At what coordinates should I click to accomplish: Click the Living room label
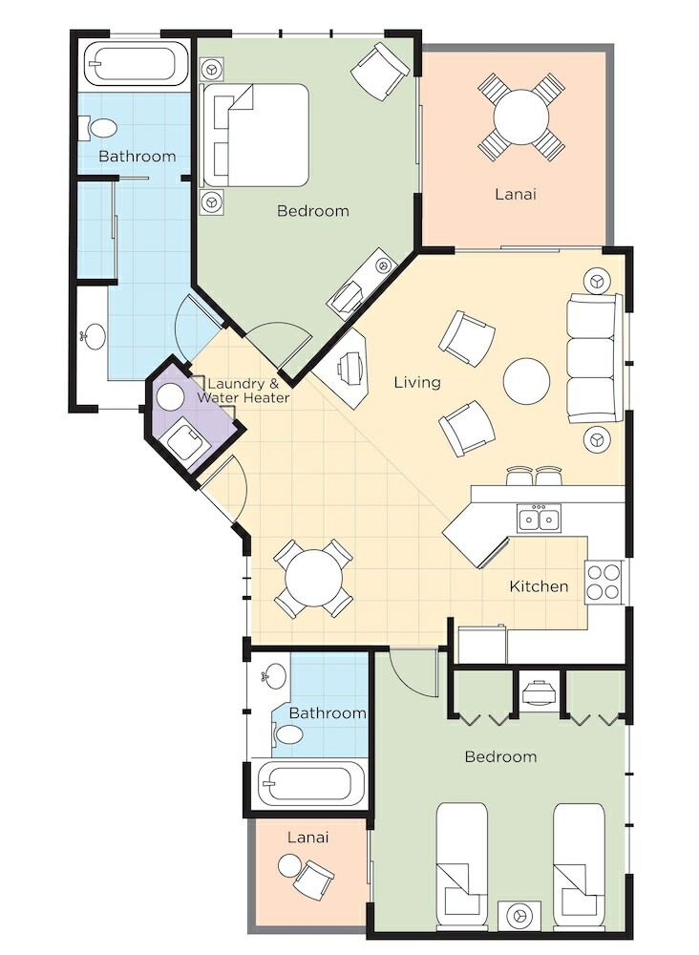point(417,383)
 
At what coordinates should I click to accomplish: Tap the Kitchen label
point(539,586)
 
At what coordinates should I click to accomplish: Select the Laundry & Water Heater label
point(243,391)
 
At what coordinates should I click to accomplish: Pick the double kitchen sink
point(540,519)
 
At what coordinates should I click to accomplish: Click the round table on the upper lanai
point(521,117)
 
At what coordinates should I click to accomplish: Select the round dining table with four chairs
point(313,579)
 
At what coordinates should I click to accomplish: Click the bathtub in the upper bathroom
point(136,63)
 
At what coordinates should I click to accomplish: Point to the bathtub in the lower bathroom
point(310,783)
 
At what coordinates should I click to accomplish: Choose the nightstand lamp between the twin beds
point(520,916)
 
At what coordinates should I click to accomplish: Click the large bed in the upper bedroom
point(256,136)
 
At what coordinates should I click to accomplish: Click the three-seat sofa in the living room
point(595,358)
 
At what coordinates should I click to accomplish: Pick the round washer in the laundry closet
point(171,397)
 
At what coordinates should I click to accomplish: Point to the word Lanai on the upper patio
point(516,194)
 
